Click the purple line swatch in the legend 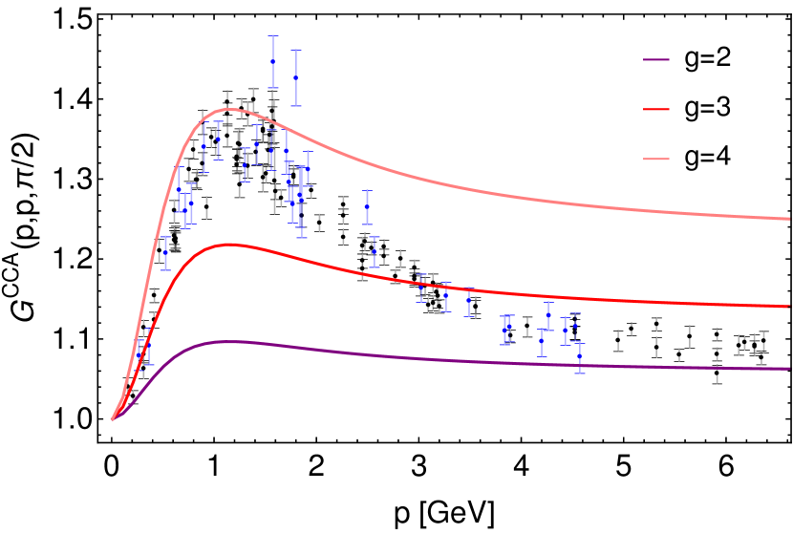pyautogui.click(x=656, y=60)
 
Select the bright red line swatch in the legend pyautogui.click(x=656, y=109)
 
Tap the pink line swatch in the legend pyautogui.click(x=656, y=159)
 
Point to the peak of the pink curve pyautogui.click(x=227, y=109)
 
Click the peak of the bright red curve pyautogui.click(x=229, y=245)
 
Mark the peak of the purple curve pyautogui.click(x=226, y=341)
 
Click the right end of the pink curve pyautogui.click(x=789, y=219)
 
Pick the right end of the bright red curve pyautogui.click(x=789, y=307)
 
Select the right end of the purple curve pyautogui.click(x=789, y=368)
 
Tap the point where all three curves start pyautogui.click(x=113, y=419)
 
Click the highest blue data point pyautogui.click(x=273, y=61)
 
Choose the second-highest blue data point pyautogui.click(x=296, y=77)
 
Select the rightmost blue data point pyautogui.click(x=580, y=356)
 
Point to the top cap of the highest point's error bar pyautogui.click(x=273, y=35)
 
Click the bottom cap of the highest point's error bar pyautogui.click(x=273, y=88)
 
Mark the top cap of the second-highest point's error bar pyautogui.click(x=296, y=51)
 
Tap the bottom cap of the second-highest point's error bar pyautogui.click(x=296, y=105)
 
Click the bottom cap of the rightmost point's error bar pyautogui.click(x=580, y=373)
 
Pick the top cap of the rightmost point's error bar pyautogui.click(x=580, y=341)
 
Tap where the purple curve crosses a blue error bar pyautogui.click(x=580, y=364)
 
